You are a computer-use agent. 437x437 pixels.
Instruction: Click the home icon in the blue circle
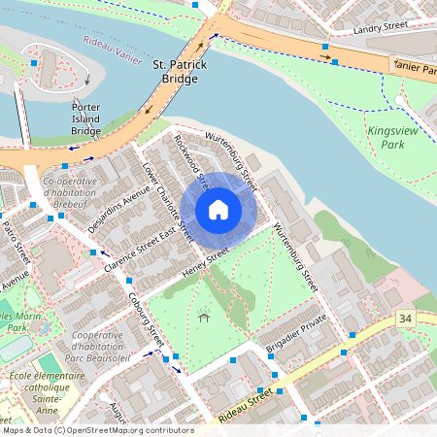pos(218,210)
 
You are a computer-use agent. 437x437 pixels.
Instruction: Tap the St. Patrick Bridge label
pos(175,70)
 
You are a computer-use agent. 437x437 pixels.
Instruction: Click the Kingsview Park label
pos(386,136)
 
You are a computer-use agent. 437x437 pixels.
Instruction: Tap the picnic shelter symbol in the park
pos(203,317)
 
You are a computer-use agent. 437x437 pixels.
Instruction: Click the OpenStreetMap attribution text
pos(97,430)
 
